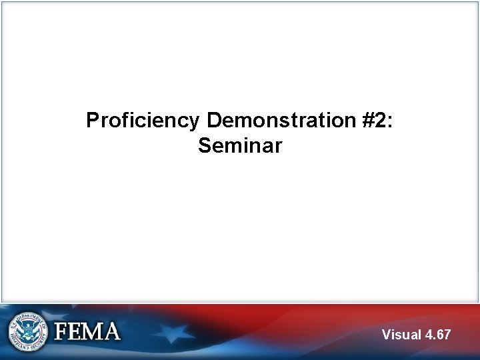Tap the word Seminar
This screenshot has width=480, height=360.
pos(240,145)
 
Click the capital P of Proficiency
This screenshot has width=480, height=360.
pos(93,121)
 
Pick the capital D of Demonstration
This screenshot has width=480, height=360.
pos(214,121)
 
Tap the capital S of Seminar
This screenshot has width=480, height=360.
pos(204,145)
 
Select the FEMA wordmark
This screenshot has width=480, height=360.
pos(87,332)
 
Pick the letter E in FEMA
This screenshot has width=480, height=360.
pos(75,332)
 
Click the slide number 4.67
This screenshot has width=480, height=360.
pos(438,334)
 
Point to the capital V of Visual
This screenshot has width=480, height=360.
pos(387,334)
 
